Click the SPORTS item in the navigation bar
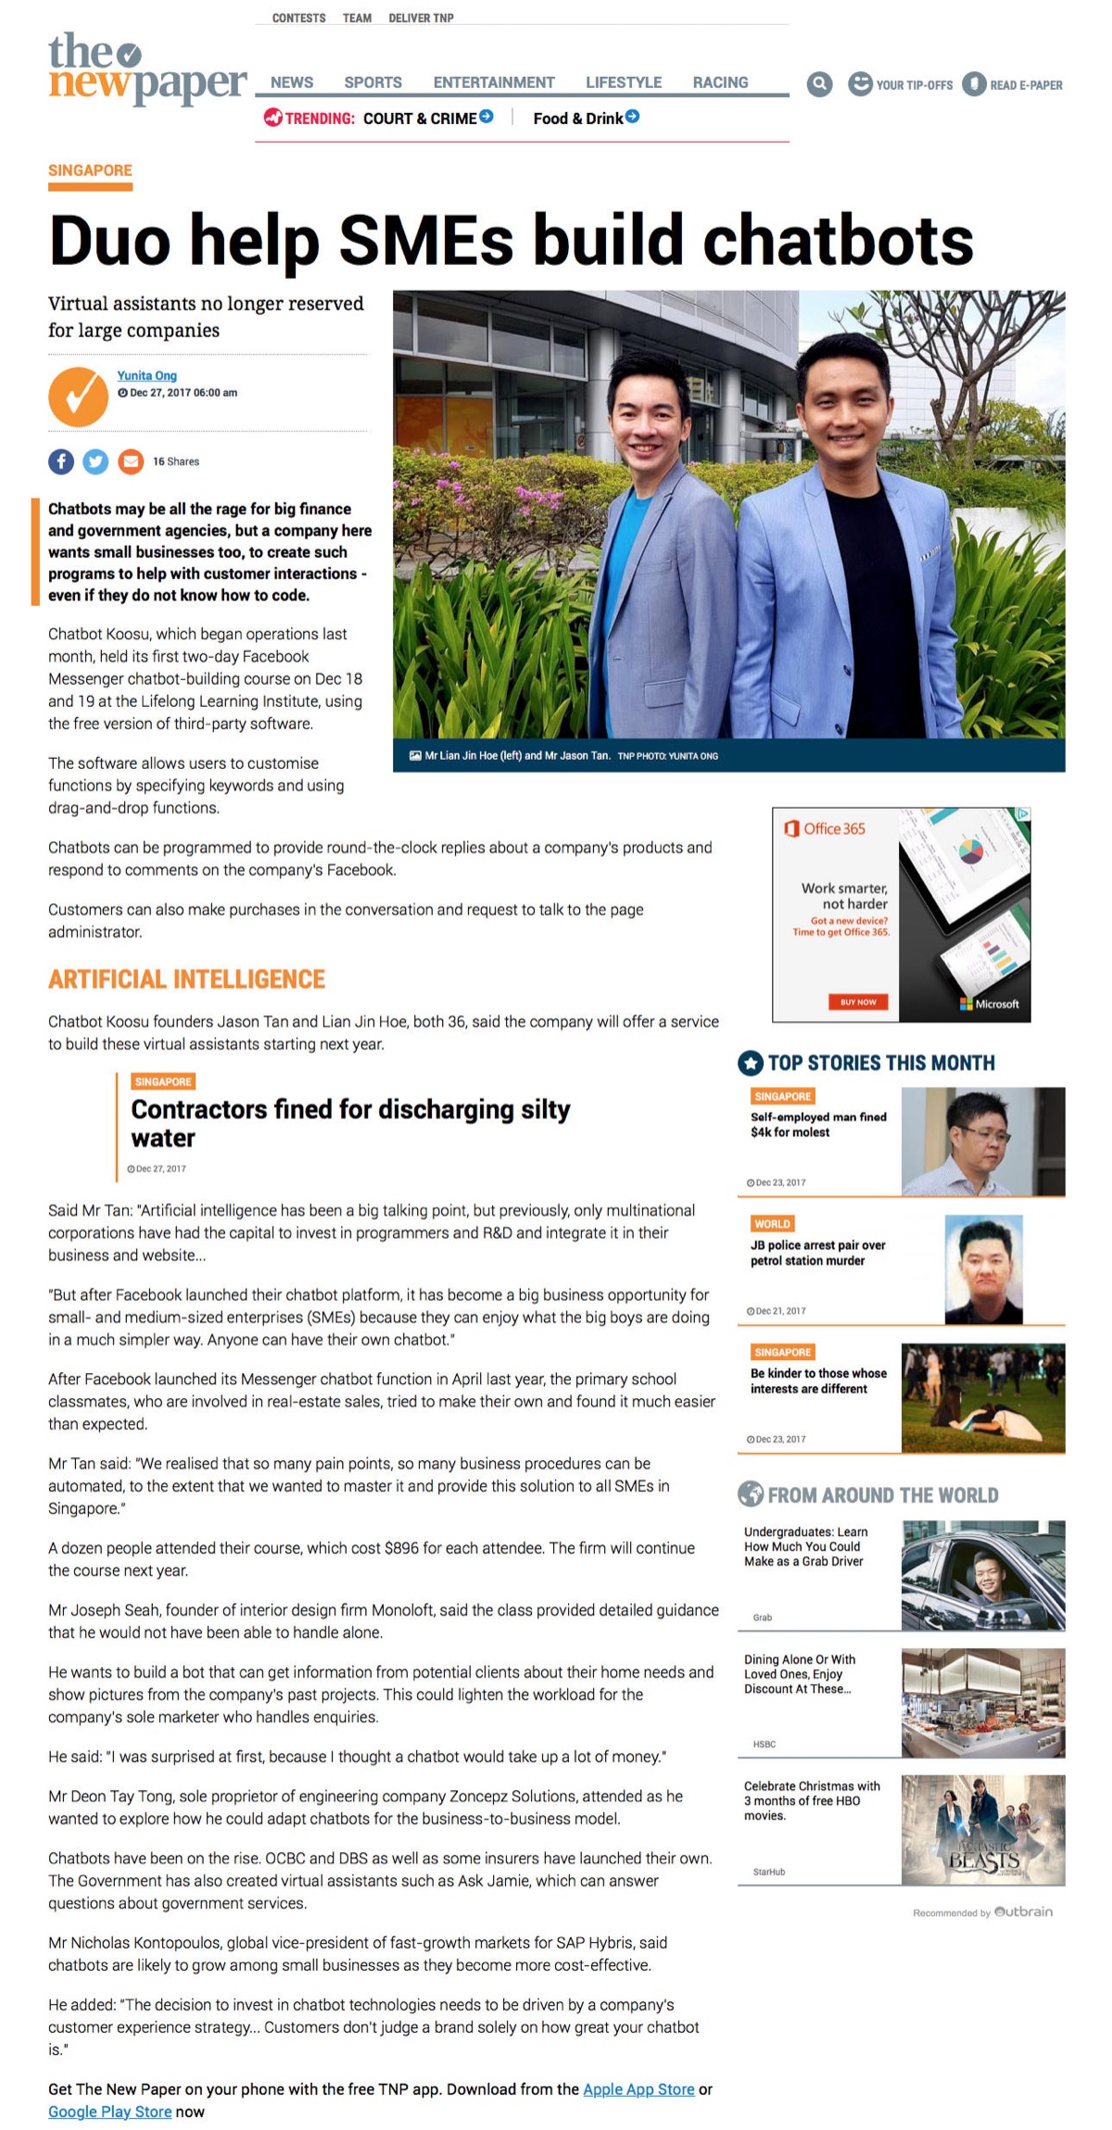coord(373,82)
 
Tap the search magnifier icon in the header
coord(819,84)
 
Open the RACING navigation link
coord(720,82)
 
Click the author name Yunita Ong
coord(146,375)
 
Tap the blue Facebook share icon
coord(61,461)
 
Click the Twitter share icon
coord(95,461)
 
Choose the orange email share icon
coord(131,461)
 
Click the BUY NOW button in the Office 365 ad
coord(857,1002)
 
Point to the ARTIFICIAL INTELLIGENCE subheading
coord(186,979)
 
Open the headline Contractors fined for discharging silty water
coord(350,1123)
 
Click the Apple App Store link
coord(638,2089)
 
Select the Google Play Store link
coord(109,2111)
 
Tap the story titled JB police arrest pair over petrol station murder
coord(817,1253)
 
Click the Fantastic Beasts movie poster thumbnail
coord(982,1829)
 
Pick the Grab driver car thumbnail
coord(982,1575)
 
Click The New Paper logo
coord(146,69)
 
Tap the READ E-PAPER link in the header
coord(1013,84)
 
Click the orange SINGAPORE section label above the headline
coord(90,170)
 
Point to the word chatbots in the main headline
coord(838,240)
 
